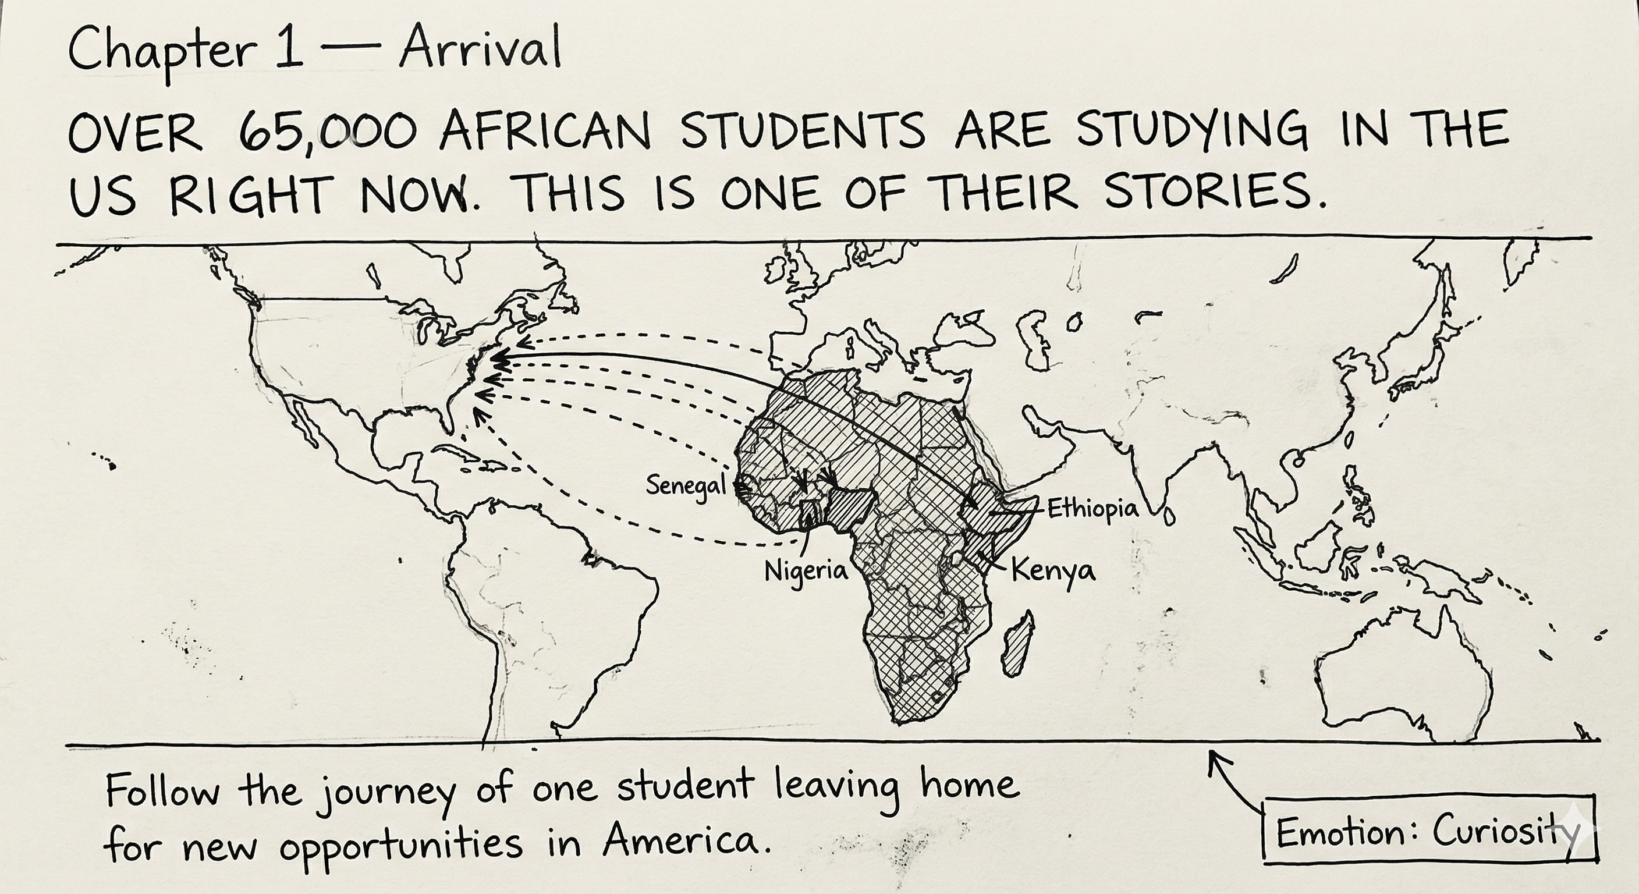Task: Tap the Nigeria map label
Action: pyautogui.click(x=806, y=571)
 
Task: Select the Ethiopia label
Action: pyautogui.click(x=1092, y=509)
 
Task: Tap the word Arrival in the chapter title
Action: pyautogui.click(x=480, y=49)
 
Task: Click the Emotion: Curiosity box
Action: pyautogui.click(x=1429, y=831)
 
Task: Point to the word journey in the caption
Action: pyautogui.click(x=385, y=792)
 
